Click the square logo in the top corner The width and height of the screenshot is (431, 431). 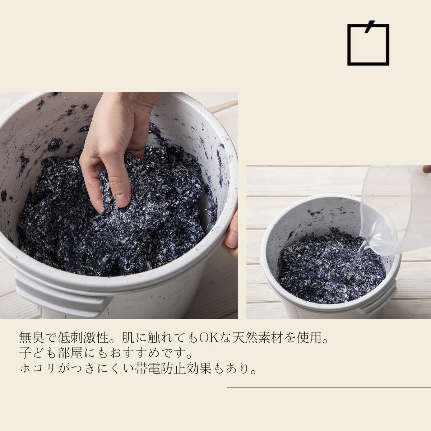click(368, 45)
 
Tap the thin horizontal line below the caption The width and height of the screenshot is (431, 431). click(329, 388)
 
